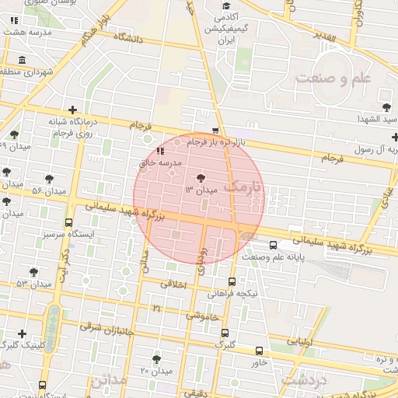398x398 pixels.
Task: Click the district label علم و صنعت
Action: pos(335,79)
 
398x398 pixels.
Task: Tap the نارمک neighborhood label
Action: pos(243,187)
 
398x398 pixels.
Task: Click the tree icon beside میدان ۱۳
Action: pos(202,179)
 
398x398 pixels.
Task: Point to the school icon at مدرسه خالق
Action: pos(159,151)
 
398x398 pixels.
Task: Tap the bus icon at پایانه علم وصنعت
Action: pos(271,246)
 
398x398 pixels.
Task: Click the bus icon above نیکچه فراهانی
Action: pos(232,282)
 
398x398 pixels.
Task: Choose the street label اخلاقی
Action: pos(174,285)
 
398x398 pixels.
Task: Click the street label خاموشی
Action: pos(202,316)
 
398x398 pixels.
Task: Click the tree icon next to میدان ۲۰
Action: pos(157,359)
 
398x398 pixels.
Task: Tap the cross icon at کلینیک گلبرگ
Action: pos(22,333)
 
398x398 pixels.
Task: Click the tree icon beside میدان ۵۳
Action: pos(33,271)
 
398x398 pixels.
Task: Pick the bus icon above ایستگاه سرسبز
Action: pos(68,222)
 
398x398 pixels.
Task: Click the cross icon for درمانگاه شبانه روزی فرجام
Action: pos(73,111)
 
